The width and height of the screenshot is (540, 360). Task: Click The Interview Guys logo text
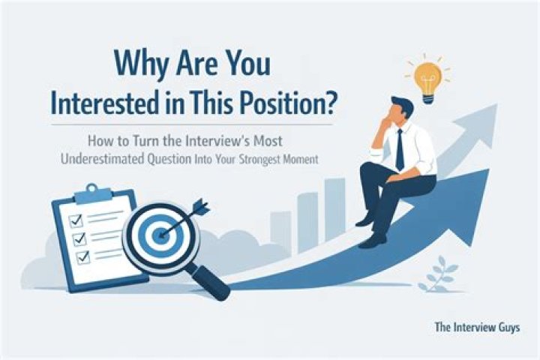click(477, 327)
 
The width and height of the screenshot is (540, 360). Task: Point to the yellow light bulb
click(427, 82)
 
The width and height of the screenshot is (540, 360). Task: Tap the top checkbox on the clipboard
click(76, 220)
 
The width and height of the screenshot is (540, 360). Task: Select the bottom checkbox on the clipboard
click(83, 257)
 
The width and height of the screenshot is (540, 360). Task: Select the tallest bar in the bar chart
click(334, 209)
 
